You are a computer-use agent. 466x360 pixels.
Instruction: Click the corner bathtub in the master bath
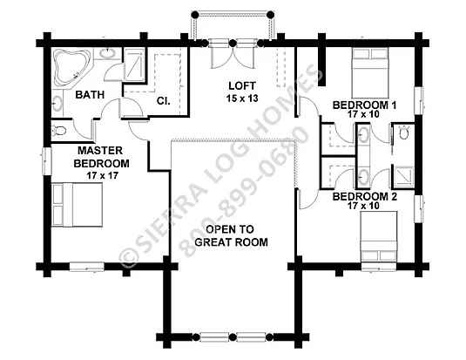[72, 67]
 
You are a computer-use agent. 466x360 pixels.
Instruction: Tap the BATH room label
[90, 95]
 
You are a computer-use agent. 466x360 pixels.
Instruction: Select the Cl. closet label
[164, 101]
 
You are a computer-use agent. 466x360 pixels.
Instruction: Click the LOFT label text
[242, 86]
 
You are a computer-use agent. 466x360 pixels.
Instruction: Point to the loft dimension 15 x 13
[242, 98]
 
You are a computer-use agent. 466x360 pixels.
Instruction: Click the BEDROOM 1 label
[364, 105]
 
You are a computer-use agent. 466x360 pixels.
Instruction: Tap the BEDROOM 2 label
[364, 197]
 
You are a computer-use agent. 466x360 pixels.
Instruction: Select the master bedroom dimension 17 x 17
[103, 175]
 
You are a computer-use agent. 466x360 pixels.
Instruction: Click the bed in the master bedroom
[78, 205]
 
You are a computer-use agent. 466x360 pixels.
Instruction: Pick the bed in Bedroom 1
[370, 72]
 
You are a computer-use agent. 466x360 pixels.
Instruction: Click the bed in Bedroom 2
[379, 237]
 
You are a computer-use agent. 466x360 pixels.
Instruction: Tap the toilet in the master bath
[58, 131]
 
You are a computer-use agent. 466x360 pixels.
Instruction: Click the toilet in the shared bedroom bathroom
[403, 132]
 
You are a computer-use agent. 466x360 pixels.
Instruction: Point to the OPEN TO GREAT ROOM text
[231, 235]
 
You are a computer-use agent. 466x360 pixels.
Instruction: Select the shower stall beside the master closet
[134, 65]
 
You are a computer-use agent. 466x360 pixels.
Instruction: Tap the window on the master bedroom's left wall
[47, 160]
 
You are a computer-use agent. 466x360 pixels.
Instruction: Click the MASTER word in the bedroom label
[100, 151]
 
